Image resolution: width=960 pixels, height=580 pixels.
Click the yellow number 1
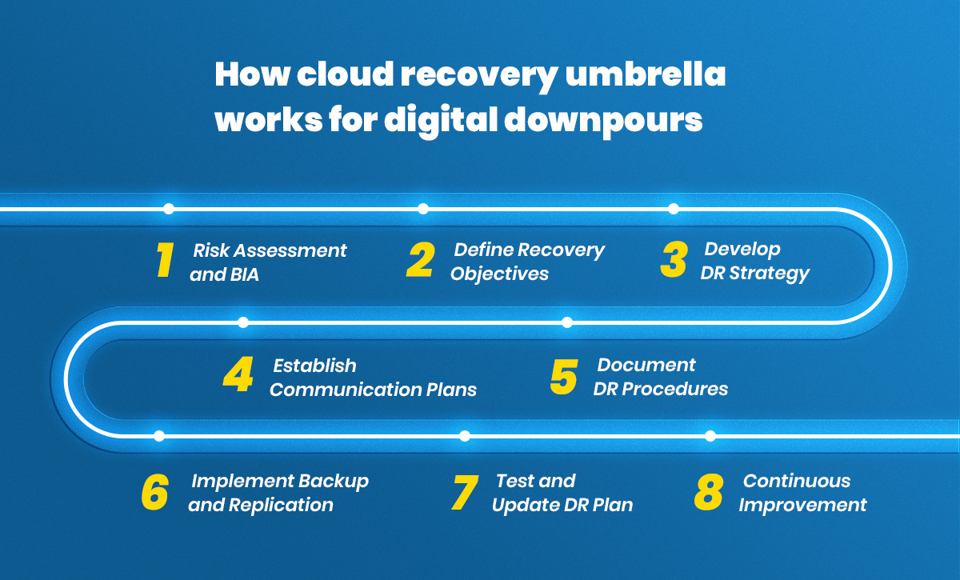pyautogui.click(x=165, y=260)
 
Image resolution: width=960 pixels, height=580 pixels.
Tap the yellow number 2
pyautogui.click(x=421, y=260)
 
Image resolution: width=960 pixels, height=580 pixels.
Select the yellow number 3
pyautogui.click(x=674, y=260)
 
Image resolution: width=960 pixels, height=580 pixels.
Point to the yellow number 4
pyautogui.click(x=238, y=374)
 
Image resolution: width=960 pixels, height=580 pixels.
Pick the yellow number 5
pyautogui.click(x=564, y=377)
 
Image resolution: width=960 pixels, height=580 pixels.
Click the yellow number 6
pyautogui.click(x=154, y=492)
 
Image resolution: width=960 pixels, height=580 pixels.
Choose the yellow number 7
pyautogui.click(x=465, y=493)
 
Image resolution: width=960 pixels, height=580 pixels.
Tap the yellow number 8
pyautogui.click(x=709, y=492)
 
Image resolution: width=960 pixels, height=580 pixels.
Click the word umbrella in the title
pyautogui.click(x=646, y=74)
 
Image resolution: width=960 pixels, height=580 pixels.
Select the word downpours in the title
pyautogui.click(x=603, y=120)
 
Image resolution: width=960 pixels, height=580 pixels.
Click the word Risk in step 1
pyautogui.click(x=211, y=250)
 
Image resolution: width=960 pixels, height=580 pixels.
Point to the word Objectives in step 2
pyautogui.click(x=499, y=274)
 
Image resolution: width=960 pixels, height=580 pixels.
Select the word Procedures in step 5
pyautogui.click(x=674, y=390)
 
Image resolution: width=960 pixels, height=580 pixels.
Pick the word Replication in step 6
pyautogui.click(x=281, y=505)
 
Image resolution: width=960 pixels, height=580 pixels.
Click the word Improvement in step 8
pyautogui.click(x=802, y=505)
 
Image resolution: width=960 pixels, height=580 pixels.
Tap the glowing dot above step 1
pyautogui.click(x=169, y=209)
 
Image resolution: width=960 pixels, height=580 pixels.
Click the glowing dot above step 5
pyautogui.click(x=567, y=322)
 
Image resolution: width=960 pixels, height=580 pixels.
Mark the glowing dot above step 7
pyautogui.click(x=465, y=436)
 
